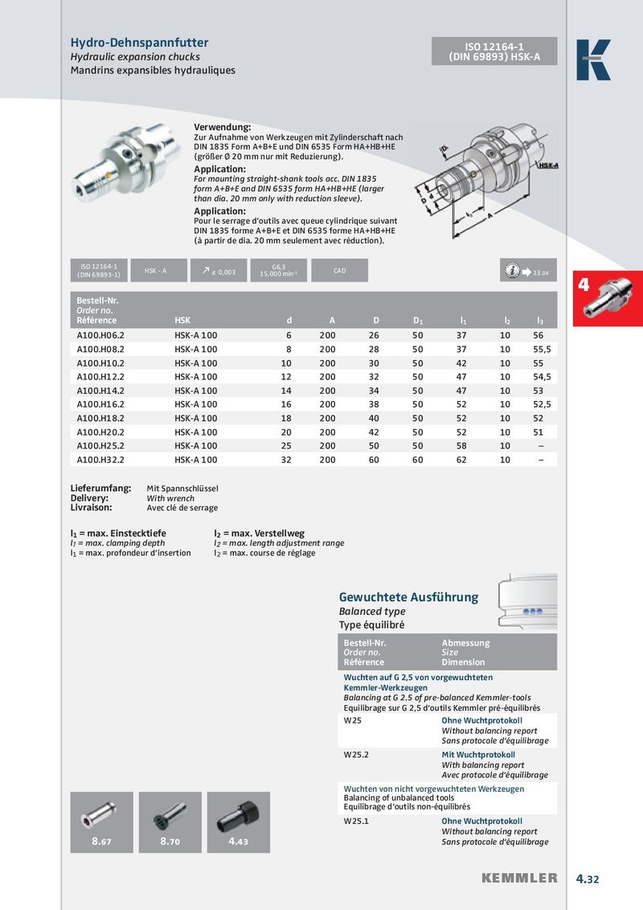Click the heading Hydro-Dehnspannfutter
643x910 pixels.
click(140, 43)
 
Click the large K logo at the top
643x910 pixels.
click(593, 60)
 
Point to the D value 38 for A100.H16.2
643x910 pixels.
click(374, 404)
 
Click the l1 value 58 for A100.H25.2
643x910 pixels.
click(461, 445)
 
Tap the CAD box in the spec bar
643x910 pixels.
click(339, 271)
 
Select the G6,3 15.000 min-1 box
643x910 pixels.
click(278, 271)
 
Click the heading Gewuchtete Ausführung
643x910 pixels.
click(408, 597)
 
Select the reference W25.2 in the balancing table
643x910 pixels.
click(356, 756)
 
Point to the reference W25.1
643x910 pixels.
click(356, 822)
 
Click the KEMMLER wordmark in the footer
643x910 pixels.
click(519, 879)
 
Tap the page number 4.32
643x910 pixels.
click(588, 879)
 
